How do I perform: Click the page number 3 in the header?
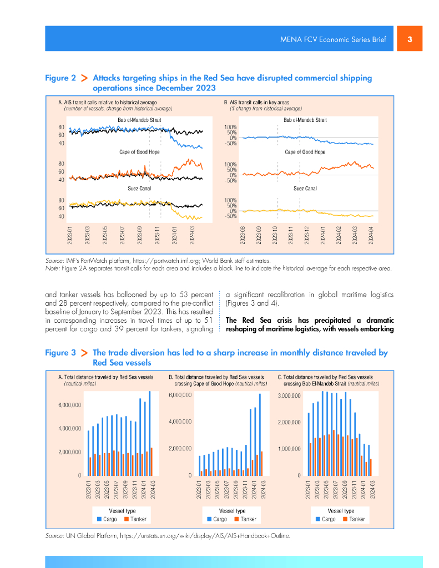tap(410, 39)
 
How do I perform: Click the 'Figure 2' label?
tap(60, 78)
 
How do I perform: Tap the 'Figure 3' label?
tap(60, 353)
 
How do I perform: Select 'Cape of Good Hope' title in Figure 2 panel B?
tap(305, 152)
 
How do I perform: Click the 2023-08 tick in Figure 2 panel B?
tap(243, 235)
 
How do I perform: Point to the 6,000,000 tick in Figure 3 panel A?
tap(70, 405)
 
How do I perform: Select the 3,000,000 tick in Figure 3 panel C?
tap(289, 395)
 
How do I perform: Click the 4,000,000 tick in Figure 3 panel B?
tap(180, 422)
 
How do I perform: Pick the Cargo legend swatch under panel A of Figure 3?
tap(100, 519)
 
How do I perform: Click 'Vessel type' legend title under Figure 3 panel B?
tap(232, 511)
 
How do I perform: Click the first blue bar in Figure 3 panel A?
tap(88, 453)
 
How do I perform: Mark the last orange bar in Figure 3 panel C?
tap(371, 467)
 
